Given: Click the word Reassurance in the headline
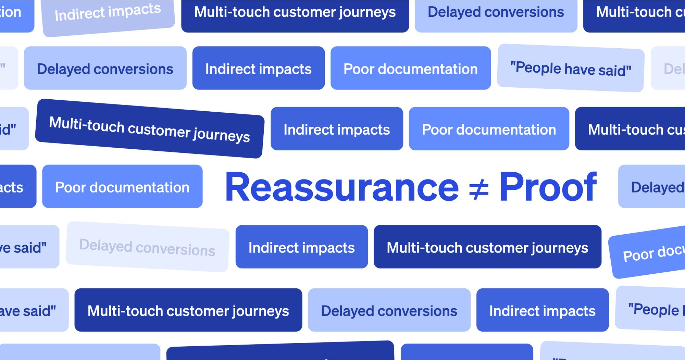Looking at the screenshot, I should [x=341, y=187].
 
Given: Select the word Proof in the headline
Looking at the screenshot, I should [x=548, y=187].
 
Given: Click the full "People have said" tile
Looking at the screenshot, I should [x=571, y=68].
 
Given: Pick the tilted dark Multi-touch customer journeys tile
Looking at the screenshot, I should [x=150, y=128].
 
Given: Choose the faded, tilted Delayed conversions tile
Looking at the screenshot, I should [x=147, y=247].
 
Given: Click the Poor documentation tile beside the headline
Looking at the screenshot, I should [x=122, y=187].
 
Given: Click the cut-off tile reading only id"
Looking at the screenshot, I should [x=12, y=129].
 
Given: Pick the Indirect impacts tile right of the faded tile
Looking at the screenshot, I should [x=301, y=247].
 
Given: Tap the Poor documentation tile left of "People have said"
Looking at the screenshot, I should [x=410, y=68].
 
